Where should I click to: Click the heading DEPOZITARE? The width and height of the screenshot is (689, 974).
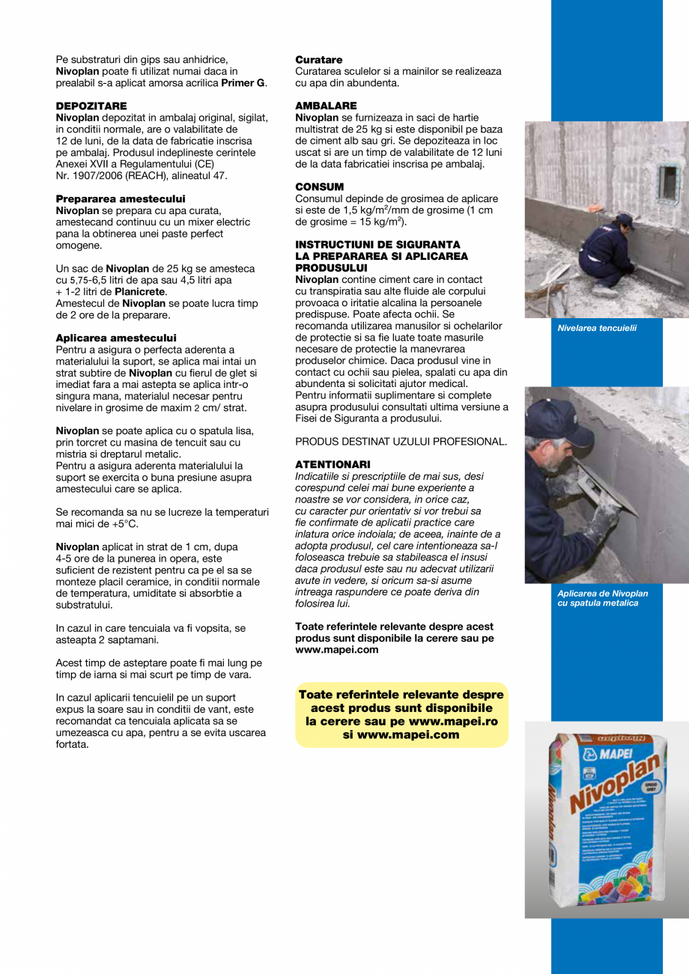point(91,106)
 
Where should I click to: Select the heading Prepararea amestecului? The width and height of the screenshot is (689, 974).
point(121,198)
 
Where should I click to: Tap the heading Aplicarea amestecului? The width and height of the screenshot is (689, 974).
point(116,338)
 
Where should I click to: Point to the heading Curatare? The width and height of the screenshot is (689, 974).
point(319,59)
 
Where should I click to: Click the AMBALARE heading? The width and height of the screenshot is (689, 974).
point(326,106)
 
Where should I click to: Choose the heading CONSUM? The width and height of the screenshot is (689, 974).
point(320,186)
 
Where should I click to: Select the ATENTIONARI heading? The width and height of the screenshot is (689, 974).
point(333,464)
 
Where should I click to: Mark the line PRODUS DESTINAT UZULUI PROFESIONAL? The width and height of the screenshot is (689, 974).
point(401,442)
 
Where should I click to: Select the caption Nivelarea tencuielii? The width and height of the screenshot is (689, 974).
point(597,328)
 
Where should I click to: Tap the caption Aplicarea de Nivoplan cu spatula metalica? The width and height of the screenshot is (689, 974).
point(602,598)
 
